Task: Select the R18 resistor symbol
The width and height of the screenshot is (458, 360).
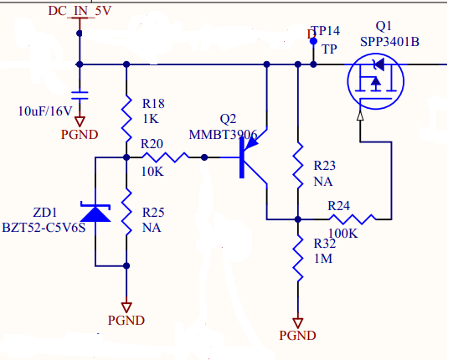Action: (x=126, y=118)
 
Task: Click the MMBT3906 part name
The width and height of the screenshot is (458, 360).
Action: (x=223, y=134)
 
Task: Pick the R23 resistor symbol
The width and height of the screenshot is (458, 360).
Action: (x=297, y=167)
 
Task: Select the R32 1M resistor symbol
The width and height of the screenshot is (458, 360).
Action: (x=297, y=257)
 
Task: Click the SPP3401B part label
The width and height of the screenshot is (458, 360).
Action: (x=390, y=41)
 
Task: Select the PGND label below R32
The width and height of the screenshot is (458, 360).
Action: (x=297, y=335)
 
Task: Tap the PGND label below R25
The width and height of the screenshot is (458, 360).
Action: (x=126, y=320)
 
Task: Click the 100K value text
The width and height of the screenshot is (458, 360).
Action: (x=343, y=233)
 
